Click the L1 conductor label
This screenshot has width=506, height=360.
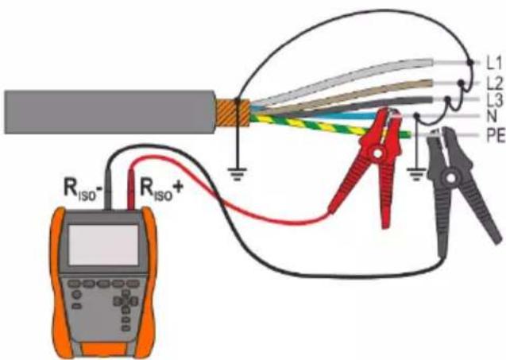coord(494,64)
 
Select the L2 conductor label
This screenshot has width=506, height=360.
coord(495,83)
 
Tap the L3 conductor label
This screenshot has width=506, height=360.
coord(495,101)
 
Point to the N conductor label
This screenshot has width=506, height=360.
coord(492,116)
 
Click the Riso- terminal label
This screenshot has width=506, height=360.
coord(83,189)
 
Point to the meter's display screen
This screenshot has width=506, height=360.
coord(103,245)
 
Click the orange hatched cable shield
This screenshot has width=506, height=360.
coord(232,112)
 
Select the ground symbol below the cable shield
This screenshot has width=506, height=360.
coord(238,174)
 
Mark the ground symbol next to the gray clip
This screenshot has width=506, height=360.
coord(416,174)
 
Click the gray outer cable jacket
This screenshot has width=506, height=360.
coord(110,112)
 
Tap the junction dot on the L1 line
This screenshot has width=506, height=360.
coord(470,62)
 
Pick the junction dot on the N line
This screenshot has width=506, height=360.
coord(417,115)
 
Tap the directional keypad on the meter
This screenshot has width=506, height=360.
coord(126,302)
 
